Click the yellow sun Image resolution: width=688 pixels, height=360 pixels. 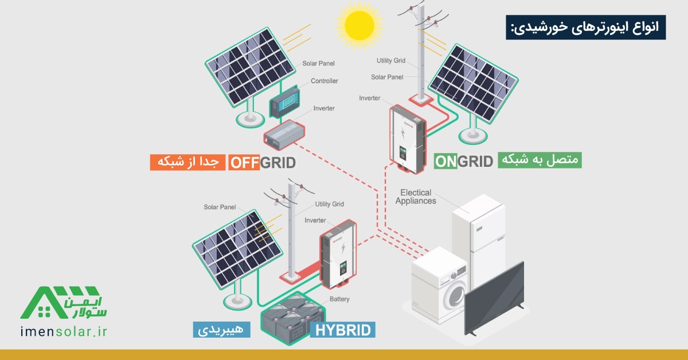359,26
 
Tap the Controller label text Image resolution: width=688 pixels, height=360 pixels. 324,81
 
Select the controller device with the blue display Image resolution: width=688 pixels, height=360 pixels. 285,101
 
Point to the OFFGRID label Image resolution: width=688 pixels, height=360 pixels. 263,162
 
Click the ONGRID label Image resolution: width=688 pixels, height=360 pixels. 463,161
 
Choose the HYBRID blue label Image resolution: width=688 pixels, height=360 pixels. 343,330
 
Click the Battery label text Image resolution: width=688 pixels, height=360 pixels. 339,299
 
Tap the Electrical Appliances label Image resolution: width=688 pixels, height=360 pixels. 416,197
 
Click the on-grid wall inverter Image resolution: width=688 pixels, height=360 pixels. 408,139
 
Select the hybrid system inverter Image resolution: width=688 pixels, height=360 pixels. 338,254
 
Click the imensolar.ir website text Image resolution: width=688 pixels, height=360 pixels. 64,332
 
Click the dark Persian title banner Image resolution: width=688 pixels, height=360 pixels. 586,27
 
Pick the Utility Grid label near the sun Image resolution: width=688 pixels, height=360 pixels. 391,61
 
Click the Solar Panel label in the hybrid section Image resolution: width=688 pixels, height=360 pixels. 220,207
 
